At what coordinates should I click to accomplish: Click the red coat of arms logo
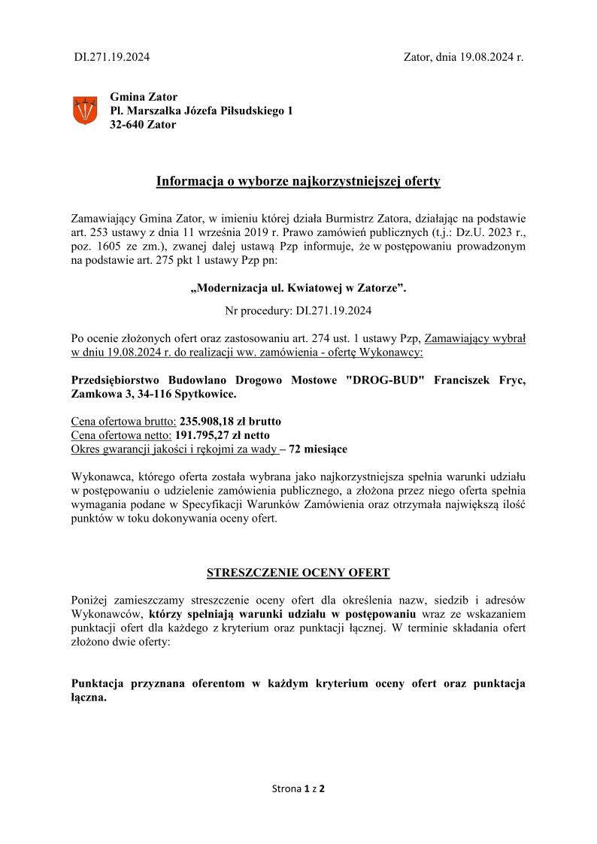84,110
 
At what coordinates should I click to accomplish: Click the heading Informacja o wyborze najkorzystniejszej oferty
298,181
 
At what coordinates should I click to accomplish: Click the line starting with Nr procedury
298,310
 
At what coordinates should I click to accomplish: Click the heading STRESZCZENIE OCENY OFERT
298,573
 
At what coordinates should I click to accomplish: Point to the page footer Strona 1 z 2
298,789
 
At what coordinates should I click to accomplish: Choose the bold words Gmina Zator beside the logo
144,96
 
